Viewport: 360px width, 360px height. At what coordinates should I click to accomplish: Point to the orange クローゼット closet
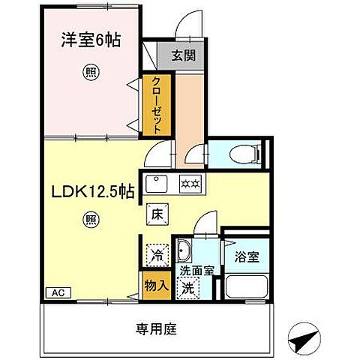click(x=156, y=104)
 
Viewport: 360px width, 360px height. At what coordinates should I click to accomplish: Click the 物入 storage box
click(x=156, y=285)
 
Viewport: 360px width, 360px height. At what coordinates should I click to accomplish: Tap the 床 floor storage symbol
click(x=156, y=212)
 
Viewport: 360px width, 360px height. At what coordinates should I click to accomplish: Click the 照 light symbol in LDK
click(x=90, y=220)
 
